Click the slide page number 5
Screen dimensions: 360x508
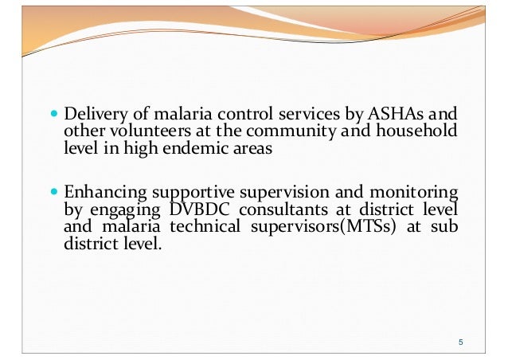coord(461,342)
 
